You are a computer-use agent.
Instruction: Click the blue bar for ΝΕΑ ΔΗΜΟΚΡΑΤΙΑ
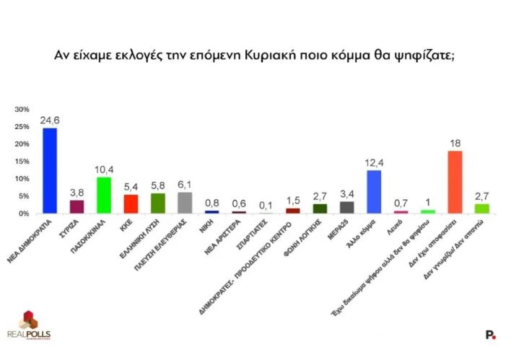(x=50, y=170)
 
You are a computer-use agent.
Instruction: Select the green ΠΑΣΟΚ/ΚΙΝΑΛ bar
(x=103, y=195)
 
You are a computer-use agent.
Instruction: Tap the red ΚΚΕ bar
(x=131, y=203)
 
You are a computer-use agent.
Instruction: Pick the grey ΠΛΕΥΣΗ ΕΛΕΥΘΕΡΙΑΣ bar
(x=185, y=202)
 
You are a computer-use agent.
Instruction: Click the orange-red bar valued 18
(x=455, y=182)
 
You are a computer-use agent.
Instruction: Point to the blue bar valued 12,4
(x=374, y=191)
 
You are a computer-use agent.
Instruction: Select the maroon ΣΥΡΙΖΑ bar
(x=77, y=206)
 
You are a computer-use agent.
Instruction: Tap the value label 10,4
(x=103, y=170)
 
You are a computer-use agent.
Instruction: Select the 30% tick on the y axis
(x=22, y=110)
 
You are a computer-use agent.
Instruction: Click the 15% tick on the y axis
(x=22, y=162)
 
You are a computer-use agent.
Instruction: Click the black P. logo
(x=490, y=334)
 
